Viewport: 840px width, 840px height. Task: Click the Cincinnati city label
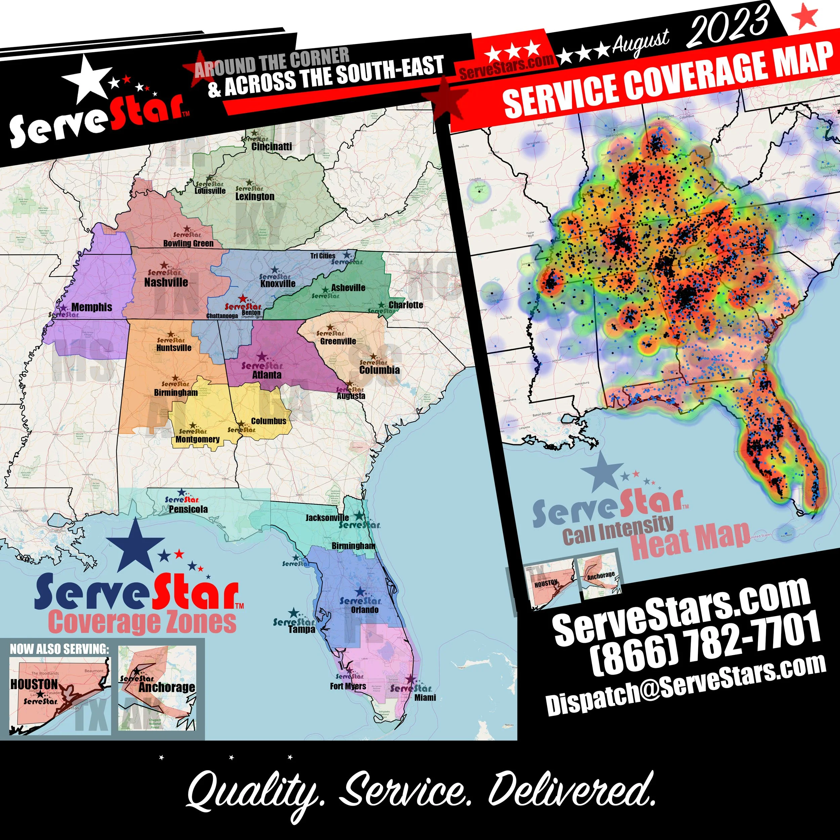(x=272, y=146)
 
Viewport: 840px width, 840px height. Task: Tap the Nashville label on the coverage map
(x=166, y=282)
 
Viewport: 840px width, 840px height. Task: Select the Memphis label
(x=91, y=307)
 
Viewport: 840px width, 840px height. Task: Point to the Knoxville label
(x=278, y=284)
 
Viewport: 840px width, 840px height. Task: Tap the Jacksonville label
(x=327, y=517)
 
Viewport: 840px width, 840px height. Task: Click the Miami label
(x=425, y=698)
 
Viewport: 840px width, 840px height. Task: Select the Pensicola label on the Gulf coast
(x=188, y=509)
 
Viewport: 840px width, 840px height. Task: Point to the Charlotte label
(x=406, y=305)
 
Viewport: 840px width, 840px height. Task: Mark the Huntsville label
(x=174, y=348)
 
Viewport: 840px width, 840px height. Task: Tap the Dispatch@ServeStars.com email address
(x=686, y=689)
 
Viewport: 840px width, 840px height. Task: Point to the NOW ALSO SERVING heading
(x=59, y=649)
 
